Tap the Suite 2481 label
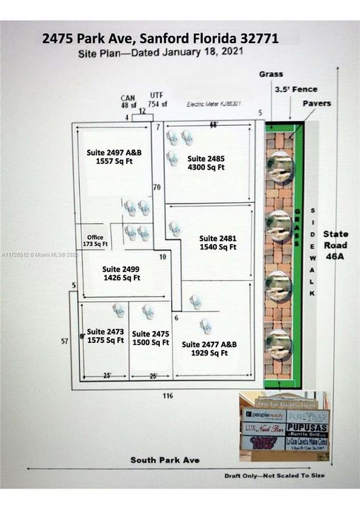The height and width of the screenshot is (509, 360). point(217,242)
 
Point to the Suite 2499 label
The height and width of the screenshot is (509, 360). point(121,273)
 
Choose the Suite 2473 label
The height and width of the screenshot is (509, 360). point(106,336)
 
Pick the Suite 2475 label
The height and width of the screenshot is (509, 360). point(151,337)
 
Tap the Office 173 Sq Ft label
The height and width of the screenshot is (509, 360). point(95,240)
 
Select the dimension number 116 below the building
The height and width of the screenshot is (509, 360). point(167,395)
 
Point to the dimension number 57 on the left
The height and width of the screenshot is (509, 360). point(65,341)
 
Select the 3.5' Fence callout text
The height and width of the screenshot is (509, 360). point(296,89)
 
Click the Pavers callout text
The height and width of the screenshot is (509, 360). point(317,103)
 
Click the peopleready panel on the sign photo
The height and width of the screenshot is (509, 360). point(264,417)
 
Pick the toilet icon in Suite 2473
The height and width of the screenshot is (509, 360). point(119,310)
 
